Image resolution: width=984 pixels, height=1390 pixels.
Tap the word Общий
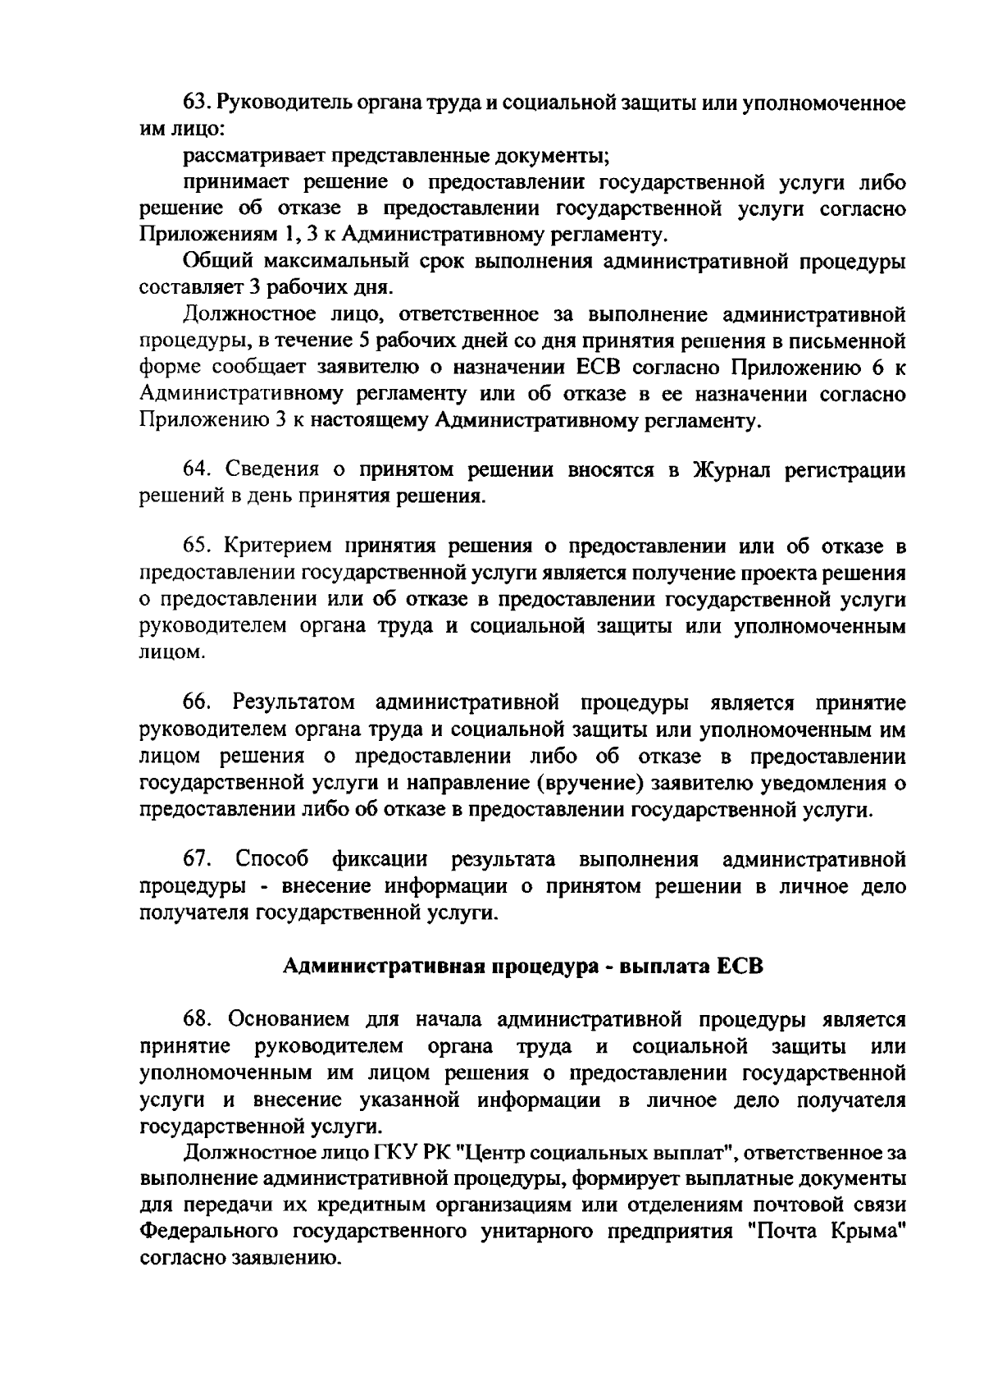(x=215, y=262)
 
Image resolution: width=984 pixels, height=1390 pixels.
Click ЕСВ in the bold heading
(x=740, y=967)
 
